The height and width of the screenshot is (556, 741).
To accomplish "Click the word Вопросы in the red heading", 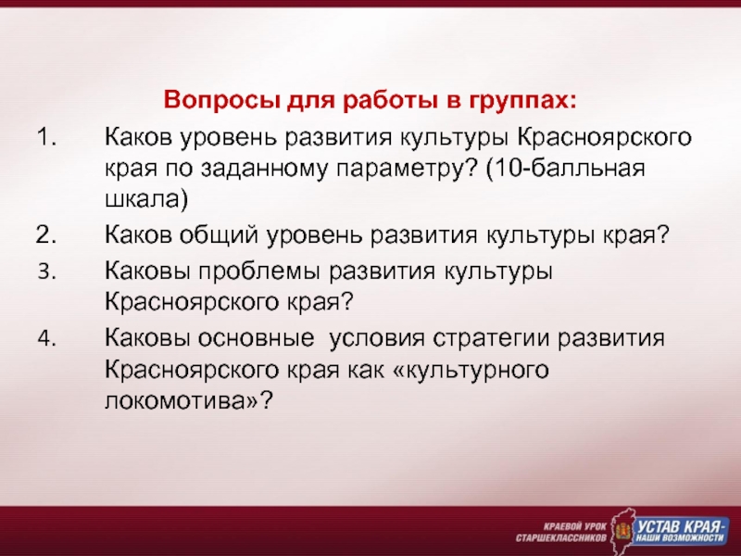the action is [x=220, y=100].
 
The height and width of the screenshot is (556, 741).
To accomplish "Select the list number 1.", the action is [x=45, y=137].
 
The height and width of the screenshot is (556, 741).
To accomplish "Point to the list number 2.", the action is [x=45, y=235].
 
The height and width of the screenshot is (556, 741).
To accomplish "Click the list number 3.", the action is [x=47, y=272].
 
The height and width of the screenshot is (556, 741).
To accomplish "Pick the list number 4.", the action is [x=47, y=338].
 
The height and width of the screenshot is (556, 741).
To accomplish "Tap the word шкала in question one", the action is [x=144, y=199].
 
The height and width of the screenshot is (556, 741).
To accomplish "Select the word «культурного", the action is [x=471, y=371].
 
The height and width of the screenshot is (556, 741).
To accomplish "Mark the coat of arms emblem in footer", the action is [x=622, y=531].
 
